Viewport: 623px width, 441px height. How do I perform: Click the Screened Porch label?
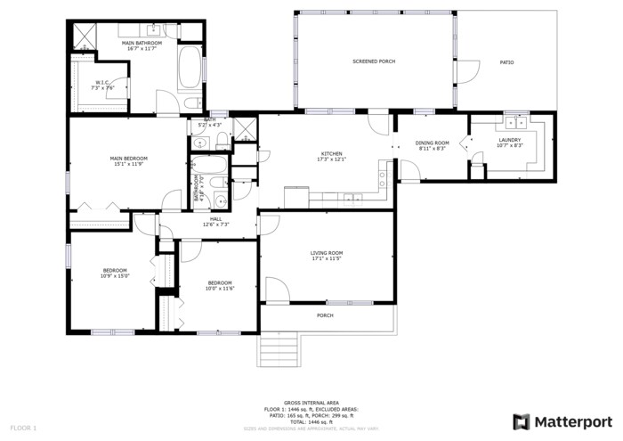tap(374, 61)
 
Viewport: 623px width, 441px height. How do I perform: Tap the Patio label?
tap(506, 62)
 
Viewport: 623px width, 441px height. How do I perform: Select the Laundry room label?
tap(509, 139)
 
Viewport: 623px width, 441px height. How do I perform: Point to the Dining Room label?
tap(432, 143)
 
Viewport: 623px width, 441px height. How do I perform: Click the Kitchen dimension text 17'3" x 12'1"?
tap(331, 159)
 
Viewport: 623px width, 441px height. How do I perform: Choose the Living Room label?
tap(327, 253)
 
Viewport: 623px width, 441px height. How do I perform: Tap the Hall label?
tap(215, 218)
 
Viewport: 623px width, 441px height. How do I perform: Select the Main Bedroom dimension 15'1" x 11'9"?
tap(128, 164)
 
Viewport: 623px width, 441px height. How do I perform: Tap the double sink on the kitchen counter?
tap(353, 198)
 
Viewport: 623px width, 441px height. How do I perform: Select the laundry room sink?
tap(516, 121)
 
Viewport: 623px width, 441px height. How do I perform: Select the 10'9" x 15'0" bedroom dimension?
tap(115, 276)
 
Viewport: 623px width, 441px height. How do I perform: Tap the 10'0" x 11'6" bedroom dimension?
tap(219, 288)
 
